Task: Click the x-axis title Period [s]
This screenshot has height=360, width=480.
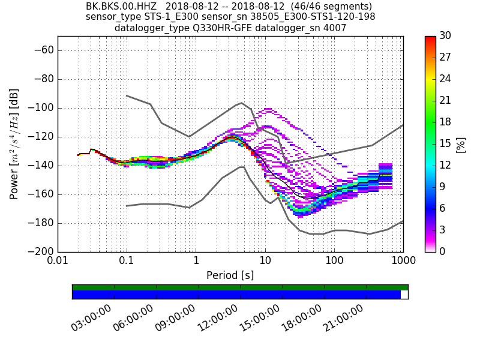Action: [x=230, y=275]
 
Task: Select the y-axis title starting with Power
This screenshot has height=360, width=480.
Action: [x=14, y=144]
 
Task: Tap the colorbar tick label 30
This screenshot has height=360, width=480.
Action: [x=445, y=37]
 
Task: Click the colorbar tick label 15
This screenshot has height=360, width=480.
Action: [x=445, y=144]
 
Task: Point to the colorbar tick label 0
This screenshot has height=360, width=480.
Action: [x=443, y=251]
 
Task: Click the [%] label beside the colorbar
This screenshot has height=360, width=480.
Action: [x=461, y=144]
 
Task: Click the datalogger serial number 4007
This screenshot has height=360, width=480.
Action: [x=335, y=28]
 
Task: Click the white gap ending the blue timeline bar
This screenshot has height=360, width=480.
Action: [x=404, y=295]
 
